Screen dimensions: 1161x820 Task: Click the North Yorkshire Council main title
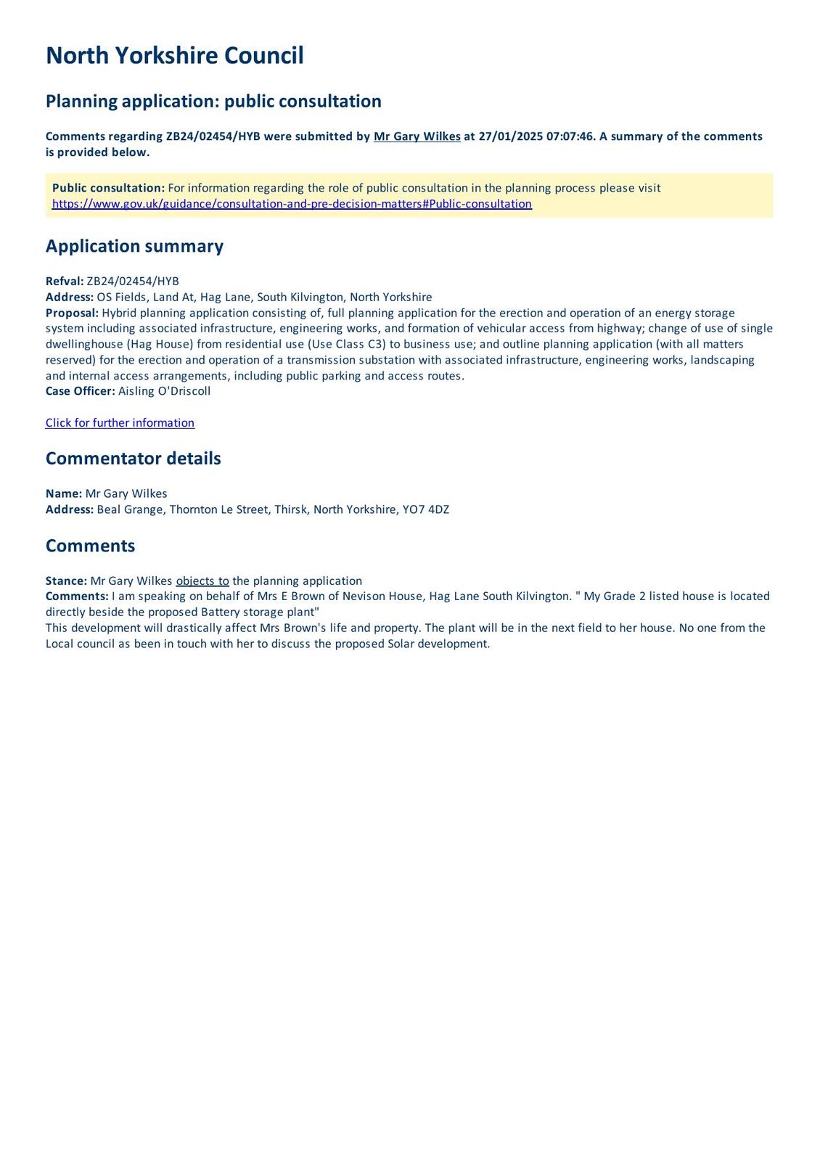tap(174, 56)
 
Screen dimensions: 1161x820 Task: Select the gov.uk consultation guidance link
tap(292, 204)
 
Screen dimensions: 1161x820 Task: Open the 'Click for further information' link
tap(120, 423)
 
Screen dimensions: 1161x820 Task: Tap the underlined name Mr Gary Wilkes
tap(417, 136)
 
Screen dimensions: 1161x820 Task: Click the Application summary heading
tap(134, 246)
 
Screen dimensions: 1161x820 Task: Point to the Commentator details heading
tap(133, 459)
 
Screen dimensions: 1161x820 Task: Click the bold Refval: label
tap(65, 282)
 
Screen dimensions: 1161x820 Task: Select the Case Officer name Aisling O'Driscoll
tap(164, 391)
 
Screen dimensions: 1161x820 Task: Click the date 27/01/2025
tap(507, 136)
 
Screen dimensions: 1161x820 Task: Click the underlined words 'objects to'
tap(202, 581)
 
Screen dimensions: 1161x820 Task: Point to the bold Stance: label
tap(66, 581)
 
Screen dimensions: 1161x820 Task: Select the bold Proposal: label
tap(72, 313)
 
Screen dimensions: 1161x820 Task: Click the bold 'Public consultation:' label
tap(108, 189)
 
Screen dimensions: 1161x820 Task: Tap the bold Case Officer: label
tap(80, 391)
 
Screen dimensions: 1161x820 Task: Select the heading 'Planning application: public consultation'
tap(213, 102)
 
